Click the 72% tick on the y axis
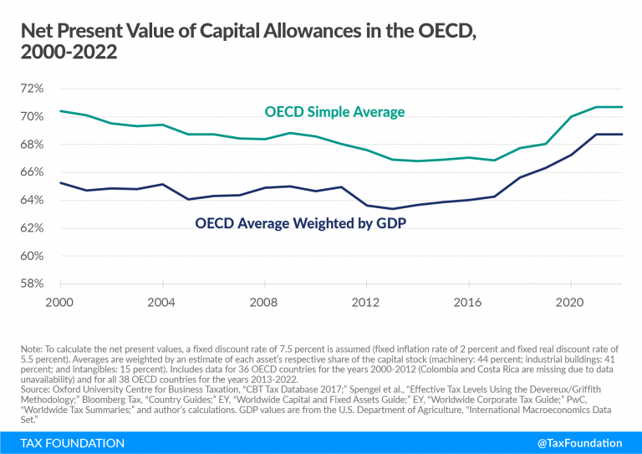[x=29, y=89]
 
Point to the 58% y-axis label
[x=29, y=283]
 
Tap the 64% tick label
[x=29, y=200]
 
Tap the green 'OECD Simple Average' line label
[x=334, y=112]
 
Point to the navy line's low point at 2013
[x=391, y=209]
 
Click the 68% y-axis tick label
[x=29, y=145]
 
